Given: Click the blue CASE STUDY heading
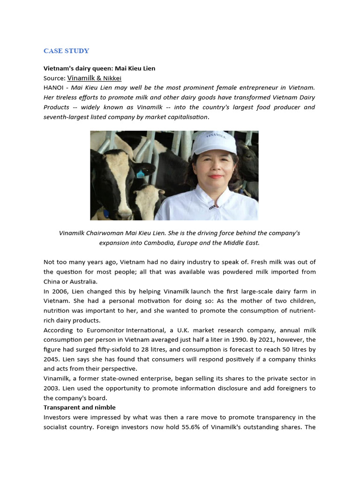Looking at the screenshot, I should pos(66,51).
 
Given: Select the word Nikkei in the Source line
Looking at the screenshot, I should pos(112,78).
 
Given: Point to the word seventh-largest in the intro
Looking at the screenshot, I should pos(66,117).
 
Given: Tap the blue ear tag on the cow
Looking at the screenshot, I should pos(140,174).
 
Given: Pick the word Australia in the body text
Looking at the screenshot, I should pos(82,282).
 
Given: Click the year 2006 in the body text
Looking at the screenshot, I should pos(59,292).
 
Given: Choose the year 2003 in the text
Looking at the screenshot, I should pos(52,389).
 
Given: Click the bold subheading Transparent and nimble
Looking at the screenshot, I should pos(79,407).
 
